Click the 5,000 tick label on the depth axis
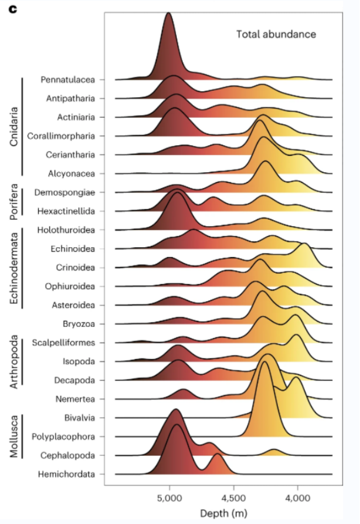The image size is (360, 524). click(170, 498)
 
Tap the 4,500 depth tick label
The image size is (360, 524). click(233, 498)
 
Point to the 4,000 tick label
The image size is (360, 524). click(298, 498)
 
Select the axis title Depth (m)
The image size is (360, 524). click(223, 513)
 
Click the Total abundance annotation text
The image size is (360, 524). click(276, 34)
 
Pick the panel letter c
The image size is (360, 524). click(13, 9)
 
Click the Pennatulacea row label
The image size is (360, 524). click(68, 79)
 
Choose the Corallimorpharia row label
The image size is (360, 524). click(61, 136)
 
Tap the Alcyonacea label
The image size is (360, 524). click(72, 173)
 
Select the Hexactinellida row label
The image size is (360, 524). click(66, 211)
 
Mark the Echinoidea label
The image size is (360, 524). click(73, 249)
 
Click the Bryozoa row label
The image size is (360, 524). click(79, 324)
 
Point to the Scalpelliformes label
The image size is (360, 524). click(63, 342)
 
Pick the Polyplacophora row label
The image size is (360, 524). click(63, 436)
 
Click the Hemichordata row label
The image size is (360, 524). click(67, 474)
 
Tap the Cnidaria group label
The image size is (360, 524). click(14, 127)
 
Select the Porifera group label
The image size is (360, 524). click(14, 202)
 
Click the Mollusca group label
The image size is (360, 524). click(14, 436)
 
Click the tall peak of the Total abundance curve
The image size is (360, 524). click(168, 13)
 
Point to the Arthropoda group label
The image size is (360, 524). click(14, 362)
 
